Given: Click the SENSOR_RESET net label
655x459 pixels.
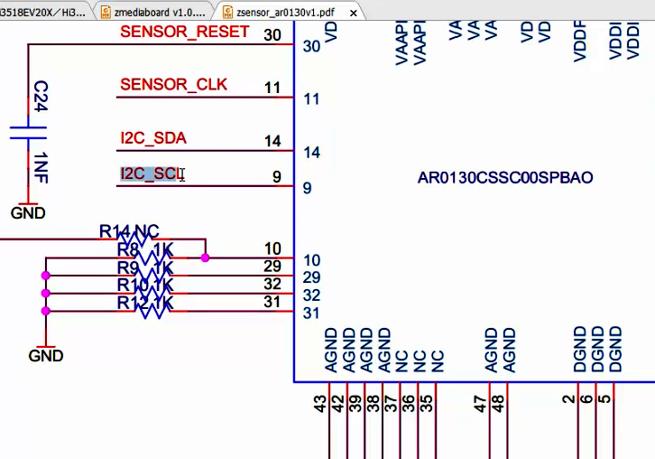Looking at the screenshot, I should [x=184, y=33].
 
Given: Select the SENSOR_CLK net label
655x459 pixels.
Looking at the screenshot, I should [x=173, y=85].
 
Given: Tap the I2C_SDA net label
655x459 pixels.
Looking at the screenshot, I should [x=153, y=138].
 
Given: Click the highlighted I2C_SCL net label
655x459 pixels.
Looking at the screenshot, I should [x=151, y=173].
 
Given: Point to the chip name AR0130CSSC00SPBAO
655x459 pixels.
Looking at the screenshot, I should [x=505, y=178].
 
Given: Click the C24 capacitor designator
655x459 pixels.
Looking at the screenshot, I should [x=41, y=96].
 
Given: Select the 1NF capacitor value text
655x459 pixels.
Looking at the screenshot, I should [x=41, y=167].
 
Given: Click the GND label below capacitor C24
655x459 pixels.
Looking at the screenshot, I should [x=27, y=213].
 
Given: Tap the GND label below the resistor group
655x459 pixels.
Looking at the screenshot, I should [x=45, y=355].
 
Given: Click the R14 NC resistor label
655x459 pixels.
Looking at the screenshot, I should [x=129, y=231].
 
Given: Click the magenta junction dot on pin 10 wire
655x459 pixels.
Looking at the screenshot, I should [x=206, y=258].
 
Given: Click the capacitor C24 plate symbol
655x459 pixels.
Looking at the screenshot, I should [x=27, y=132].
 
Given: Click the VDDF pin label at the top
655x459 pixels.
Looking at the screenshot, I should [x=580, y=41].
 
